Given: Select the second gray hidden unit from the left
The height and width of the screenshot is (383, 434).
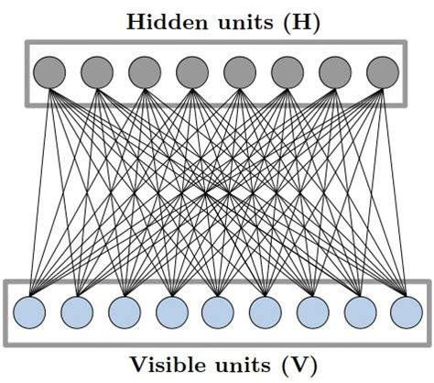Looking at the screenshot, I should click(x=96, y=71).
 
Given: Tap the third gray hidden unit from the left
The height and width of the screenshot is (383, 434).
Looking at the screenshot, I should click(x=144, y=71).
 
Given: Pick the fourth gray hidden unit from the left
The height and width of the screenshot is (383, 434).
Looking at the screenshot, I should click(x=191, y=71).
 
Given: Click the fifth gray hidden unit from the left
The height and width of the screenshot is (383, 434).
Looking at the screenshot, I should click(x=240, y=71).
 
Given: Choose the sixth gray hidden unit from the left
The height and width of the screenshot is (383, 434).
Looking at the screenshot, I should click(x=288, y=71).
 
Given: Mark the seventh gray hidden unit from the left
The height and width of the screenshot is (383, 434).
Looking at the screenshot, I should click(x=335, y=71).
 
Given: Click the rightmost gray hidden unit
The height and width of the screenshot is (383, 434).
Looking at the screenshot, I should click(x=383, y=71).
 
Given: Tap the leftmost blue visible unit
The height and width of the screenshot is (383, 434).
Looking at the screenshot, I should click(x=29, y=312).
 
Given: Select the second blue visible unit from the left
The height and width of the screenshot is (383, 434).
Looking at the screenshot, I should click(x=76, y=312).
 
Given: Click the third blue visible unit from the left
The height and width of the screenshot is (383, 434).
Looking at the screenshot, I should click(x=124, y=312).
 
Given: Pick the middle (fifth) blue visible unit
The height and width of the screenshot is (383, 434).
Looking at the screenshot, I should click(x=217, y=312).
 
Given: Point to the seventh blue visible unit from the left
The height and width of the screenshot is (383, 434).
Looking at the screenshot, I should click(x=311, y=312).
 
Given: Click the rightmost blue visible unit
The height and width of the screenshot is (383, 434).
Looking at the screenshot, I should click(x=405, y=312).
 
